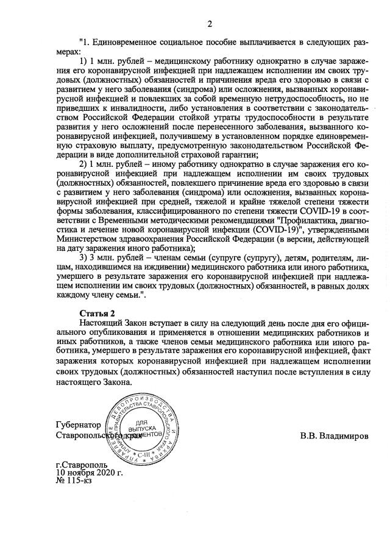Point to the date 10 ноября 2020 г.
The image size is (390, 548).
[89, 472]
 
